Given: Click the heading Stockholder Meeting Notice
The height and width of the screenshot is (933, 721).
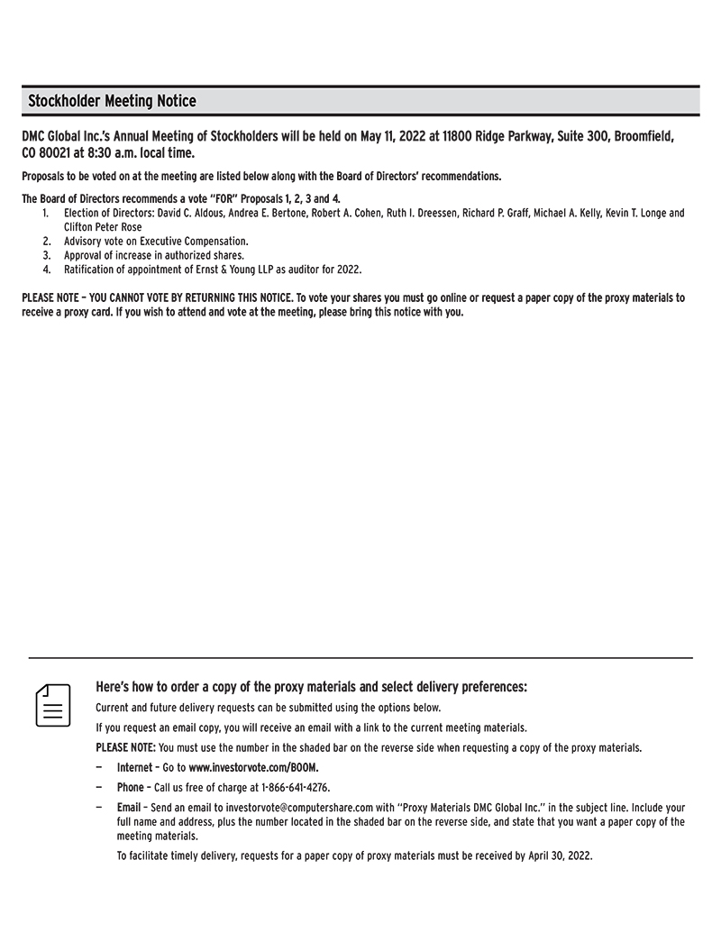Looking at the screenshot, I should pos(112,101).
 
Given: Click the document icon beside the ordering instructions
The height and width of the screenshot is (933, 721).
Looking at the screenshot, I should pos(53,705).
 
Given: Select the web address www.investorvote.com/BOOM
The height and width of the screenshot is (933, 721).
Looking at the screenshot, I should pos(253,768).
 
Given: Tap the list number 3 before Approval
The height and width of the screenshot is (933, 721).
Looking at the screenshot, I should pos(46,255).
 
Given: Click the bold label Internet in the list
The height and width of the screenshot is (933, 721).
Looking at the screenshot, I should pos(135,768).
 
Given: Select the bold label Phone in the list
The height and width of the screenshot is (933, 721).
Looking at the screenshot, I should pos(131,787).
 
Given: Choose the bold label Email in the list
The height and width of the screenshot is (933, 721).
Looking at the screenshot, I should pos(129,807).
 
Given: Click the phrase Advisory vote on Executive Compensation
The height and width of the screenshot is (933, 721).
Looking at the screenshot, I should pos(156,242).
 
